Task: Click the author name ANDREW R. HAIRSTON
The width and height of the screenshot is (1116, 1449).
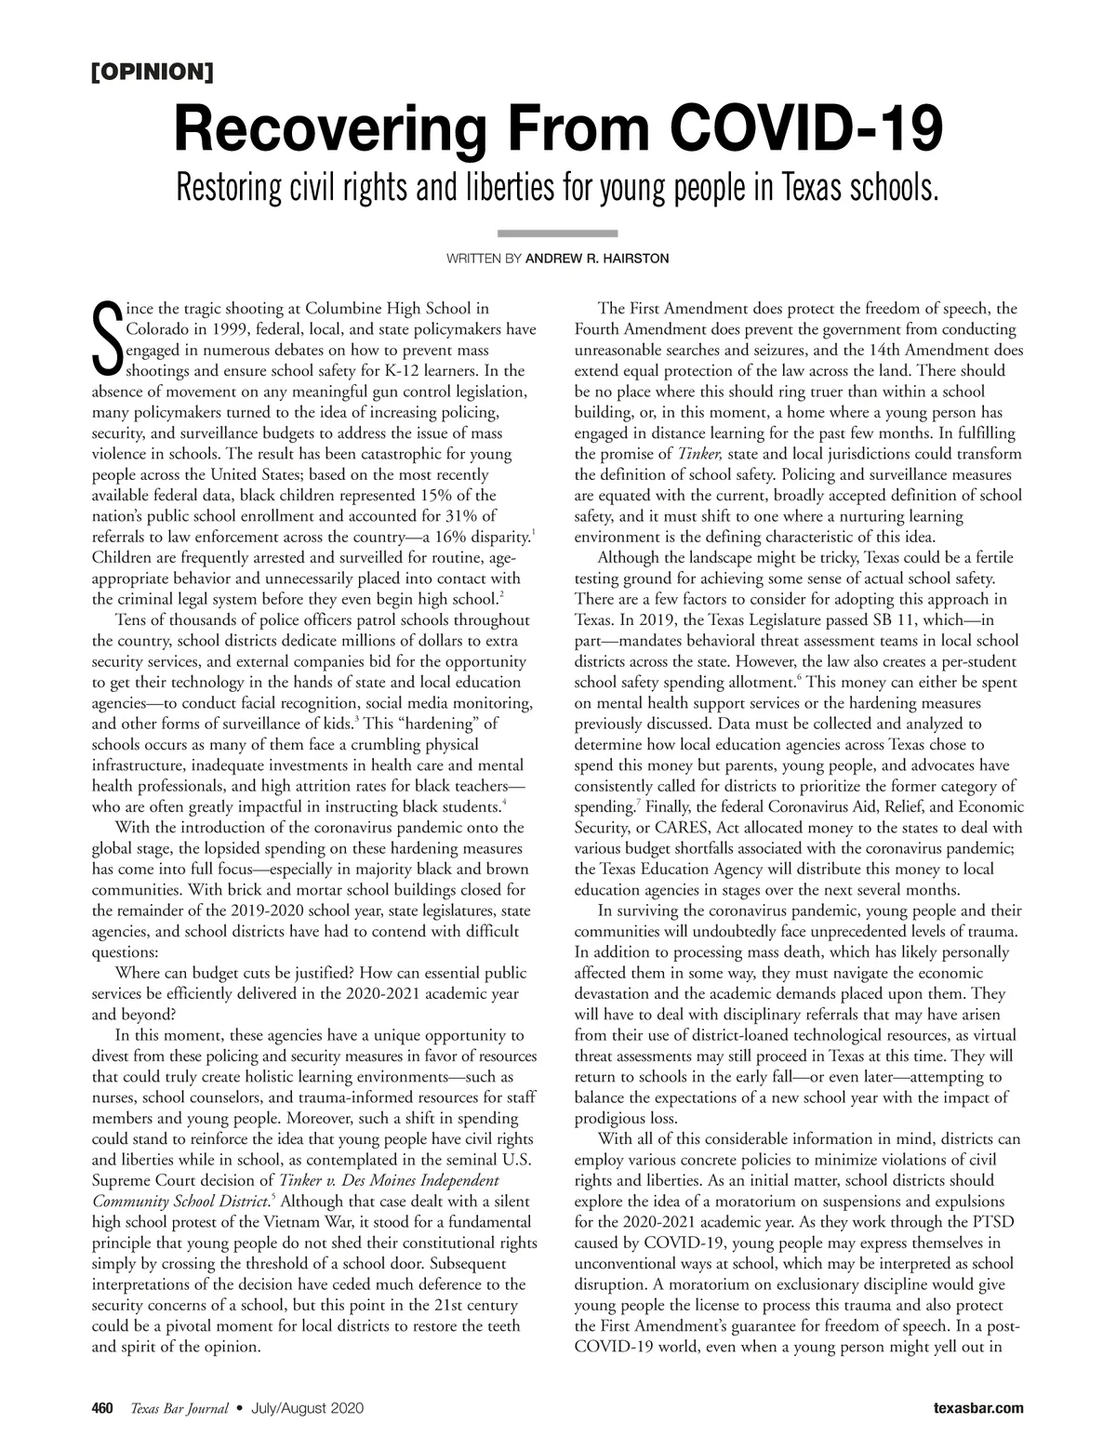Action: pyautogui.click(x=597, y=259)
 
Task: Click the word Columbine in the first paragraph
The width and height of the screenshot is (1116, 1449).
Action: pyautogui.click(x=347, y=308)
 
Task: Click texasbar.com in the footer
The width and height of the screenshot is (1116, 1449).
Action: pyautogui.click(x=978, y=1408)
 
